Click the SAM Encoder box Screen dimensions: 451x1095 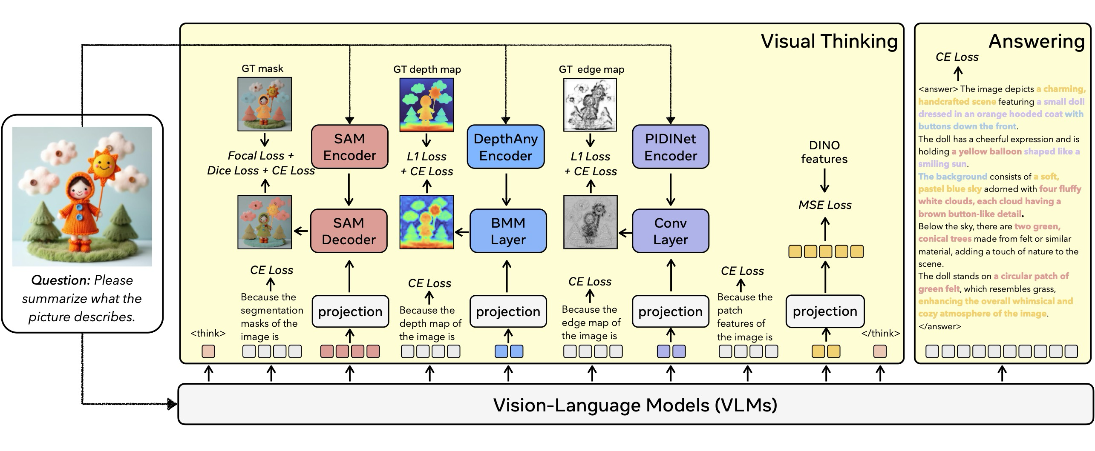tap(349, 147)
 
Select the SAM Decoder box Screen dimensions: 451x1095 tap(349, 231)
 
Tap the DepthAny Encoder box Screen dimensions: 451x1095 tap(505, 147)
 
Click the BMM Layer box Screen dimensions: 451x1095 tap(508, 231)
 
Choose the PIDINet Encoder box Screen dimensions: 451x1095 tap(670, 147)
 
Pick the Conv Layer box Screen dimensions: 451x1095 tap(670, 231)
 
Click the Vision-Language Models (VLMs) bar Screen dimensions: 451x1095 tap(635, 405)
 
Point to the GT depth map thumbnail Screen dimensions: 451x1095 tap(426, 105)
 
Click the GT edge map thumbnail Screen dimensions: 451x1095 tap(590, 105)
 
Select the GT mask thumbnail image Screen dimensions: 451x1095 tap(265, 104)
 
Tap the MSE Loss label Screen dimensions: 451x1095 tap(825, 205)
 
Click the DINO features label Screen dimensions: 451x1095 tap(824, 152)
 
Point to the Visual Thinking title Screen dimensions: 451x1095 tap(829, 41)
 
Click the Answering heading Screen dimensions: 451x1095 tap(1036, 41)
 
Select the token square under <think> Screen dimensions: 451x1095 tap(208, 351)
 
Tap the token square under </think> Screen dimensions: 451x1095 tap(880, 351)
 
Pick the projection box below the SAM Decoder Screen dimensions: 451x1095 tap(350, 311)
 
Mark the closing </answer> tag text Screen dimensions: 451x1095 tap(939, 326)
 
